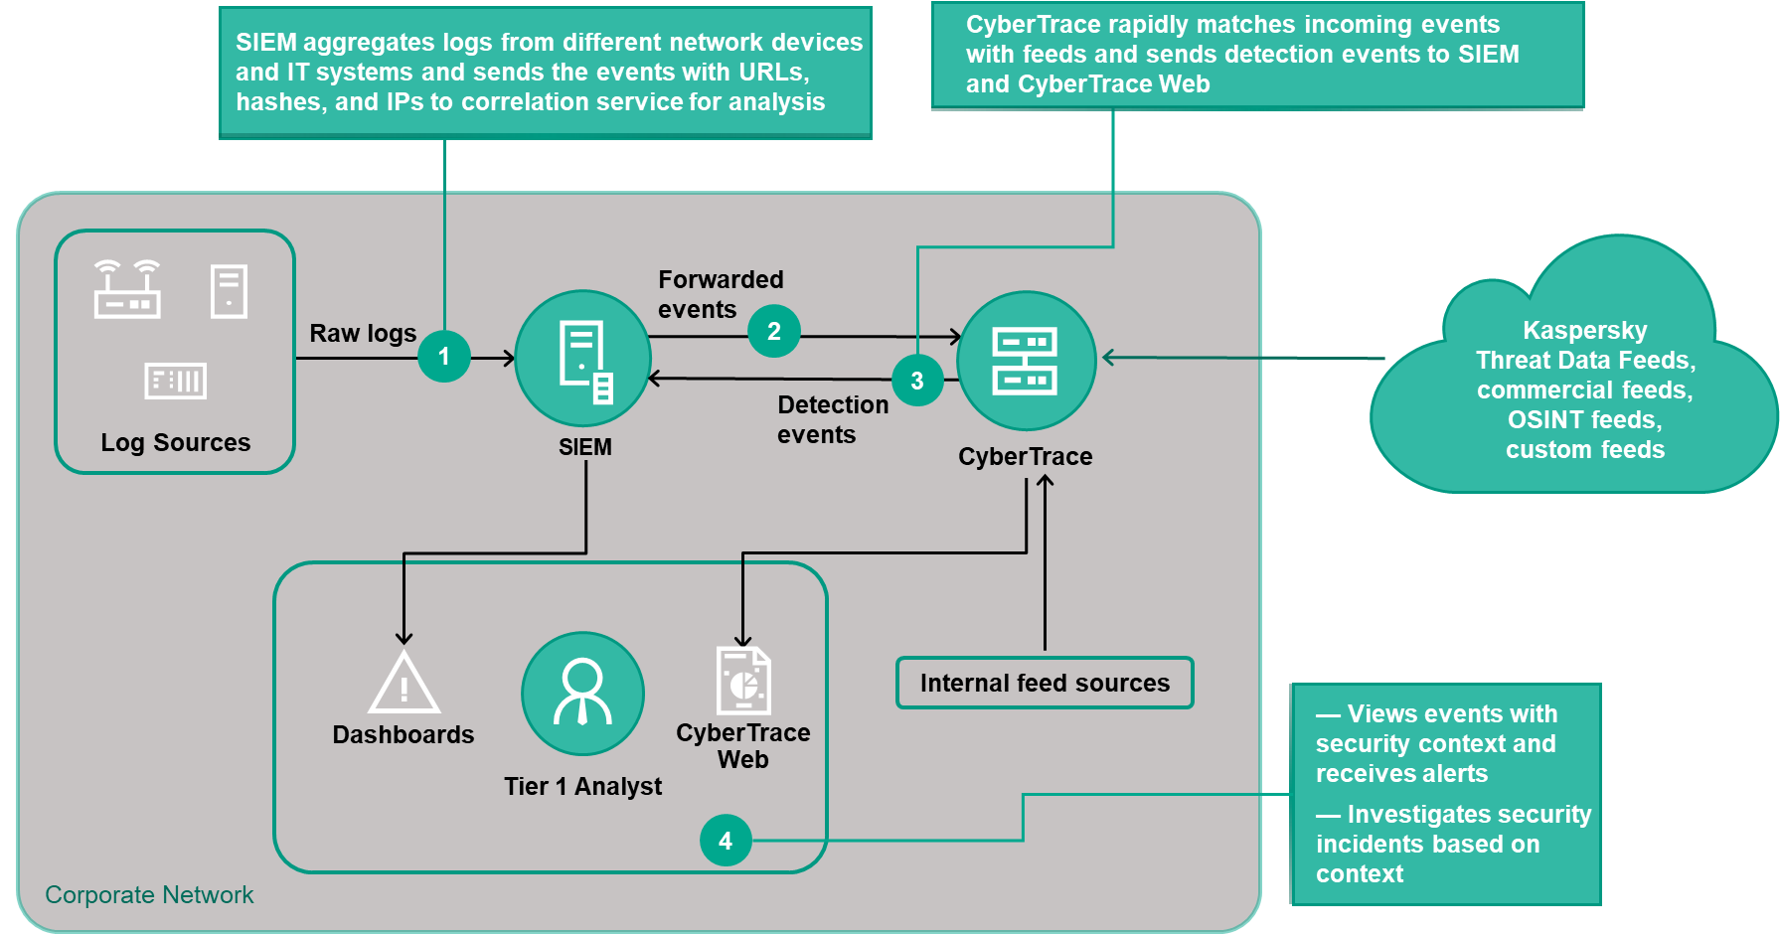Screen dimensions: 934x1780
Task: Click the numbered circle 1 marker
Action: point(443,356)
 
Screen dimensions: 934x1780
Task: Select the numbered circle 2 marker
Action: point(773,331)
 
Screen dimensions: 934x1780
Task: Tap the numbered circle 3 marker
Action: point(916,381)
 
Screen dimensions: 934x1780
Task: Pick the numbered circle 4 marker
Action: point(726,841)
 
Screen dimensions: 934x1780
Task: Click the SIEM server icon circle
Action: point(583,359)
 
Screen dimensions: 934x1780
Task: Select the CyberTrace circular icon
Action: point(1026,360)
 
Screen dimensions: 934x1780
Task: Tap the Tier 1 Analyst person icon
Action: point(582,694)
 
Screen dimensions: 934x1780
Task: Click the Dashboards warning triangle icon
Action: point(404,684)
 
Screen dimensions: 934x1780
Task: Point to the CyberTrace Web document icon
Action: point(743,680)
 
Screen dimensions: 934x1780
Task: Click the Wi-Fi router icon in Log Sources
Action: point(127,289)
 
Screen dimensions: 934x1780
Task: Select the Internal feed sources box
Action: point(1045,683)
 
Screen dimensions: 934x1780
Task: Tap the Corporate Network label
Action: point(149,894)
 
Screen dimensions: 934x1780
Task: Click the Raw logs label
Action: point(363,333)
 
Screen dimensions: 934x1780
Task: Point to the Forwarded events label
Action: point(721,294)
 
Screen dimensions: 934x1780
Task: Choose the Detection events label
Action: point(832,419)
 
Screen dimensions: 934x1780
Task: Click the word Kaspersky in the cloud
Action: point(1584,330)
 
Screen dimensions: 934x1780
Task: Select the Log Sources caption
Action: point(175,442)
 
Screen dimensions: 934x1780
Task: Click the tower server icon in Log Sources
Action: point(229,291)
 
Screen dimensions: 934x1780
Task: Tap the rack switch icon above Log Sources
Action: point(176,381)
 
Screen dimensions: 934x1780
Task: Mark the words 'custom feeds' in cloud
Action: point(1584,449)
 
